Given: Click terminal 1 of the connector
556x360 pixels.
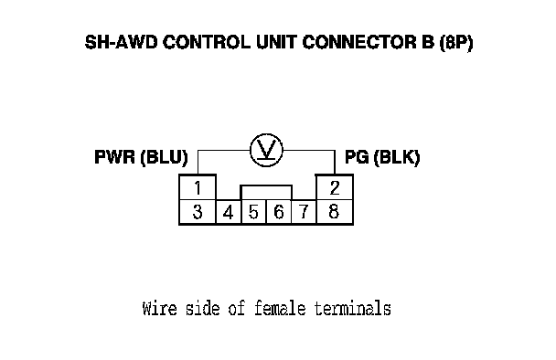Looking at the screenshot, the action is click(198, 187).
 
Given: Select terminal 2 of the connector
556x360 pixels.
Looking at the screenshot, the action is click(335, 187).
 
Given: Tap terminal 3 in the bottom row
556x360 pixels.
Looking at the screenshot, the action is click(198, 212).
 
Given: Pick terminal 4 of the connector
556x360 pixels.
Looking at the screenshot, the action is click(229, 212).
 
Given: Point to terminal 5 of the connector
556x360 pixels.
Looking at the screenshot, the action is click(253, 212).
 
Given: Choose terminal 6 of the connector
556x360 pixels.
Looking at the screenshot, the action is click(279, 212).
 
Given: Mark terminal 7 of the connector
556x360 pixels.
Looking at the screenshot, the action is click(304, 212).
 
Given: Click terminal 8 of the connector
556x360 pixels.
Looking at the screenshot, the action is click(335, 212).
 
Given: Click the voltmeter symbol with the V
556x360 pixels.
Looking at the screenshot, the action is click(266, 150).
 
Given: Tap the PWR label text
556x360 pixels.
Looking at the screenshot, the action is click(115, 157).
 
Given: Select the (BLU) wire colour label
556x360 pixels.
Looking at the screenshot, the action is click(164, 157).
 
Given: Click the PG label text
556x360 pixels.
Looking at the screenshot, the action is click(357, 157).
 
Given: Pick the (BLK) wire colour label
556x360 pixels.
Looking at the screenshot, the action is click(397, 157).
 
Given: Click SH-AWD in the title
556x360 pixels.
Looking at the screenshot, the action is click(122, 42).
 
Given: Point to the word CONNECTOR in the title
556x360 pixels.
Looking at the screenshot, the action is click(358, 42).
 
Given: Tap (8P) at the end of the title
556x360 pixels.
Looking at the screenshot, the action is click(456, 43).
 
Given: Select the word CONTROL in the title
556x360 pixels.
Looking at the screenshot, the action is click(207, 42).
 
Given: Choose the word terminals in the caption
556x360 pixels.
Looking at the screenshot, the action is click(353, 308).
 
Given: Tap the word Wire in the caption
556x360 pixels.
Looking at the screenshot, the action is click(159, 308).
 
